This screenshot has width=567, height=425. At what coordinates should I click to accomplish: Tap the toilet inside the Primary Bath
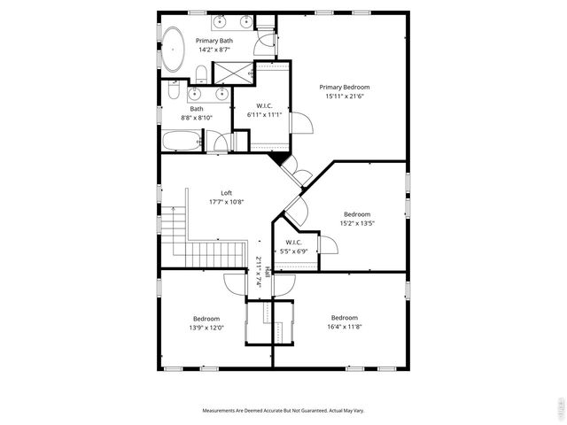point(202,72)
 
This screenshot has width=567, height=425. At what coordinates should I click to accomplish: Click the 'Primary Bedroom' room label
point(345,87)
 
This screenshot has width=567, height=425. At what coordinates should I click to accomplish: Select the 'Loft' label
point(227,193)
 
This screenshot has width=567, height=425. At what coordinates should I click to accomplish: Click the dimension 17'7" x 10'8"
point(227,202)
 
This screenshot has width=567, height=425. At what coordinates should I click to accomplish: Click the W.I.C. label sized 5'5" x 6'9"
point(293,242)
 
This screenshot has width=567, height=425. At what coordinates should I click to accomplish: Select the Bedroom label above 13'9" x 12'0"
point(206,319)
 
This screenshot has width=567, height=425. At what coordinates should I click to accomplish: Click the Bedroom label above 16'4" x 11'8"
point(344,318)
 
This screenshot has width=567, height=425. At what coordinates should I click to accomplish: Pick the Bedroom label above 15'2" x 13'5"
point(357,213)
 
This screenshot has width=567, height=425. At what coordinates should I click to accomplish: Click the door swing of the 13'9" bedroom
point(236,283)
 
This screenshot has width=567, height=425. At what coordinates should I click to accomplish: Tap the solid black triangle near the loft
point(280,158)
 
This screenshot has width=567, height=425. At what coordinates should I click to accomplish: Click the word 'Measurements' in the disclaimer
point(223,411)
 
